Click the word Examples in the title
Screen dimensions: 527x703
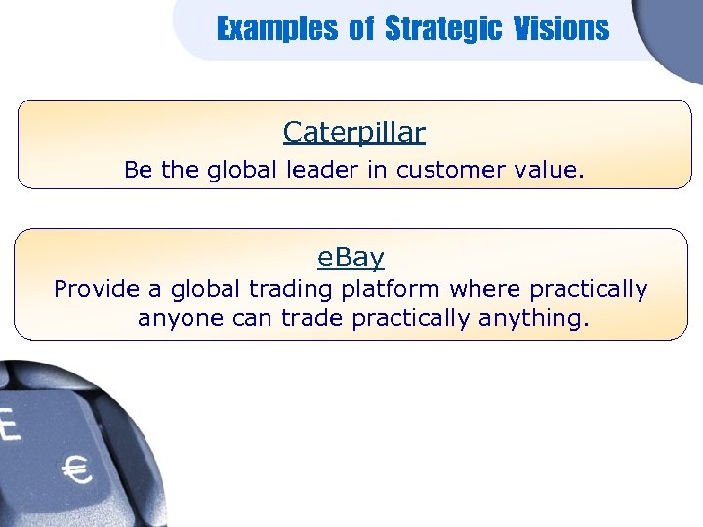[276, 29]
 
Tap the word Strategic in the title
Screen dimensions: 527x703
[441, 29]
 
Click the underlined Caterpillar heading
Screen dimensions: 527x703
[353, 131]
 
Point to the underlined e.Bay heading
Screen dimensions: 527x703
[351, 258]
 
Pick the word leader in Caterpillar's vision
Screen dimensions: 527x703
[322, 170]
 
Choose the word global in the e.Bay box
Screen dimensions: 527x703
[207, 290]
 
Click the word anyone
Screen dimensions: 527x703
[179, 319]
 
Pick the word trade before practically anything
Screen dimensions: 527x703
[313, 319]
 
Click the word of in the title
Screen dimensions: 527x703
[361, 29]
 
